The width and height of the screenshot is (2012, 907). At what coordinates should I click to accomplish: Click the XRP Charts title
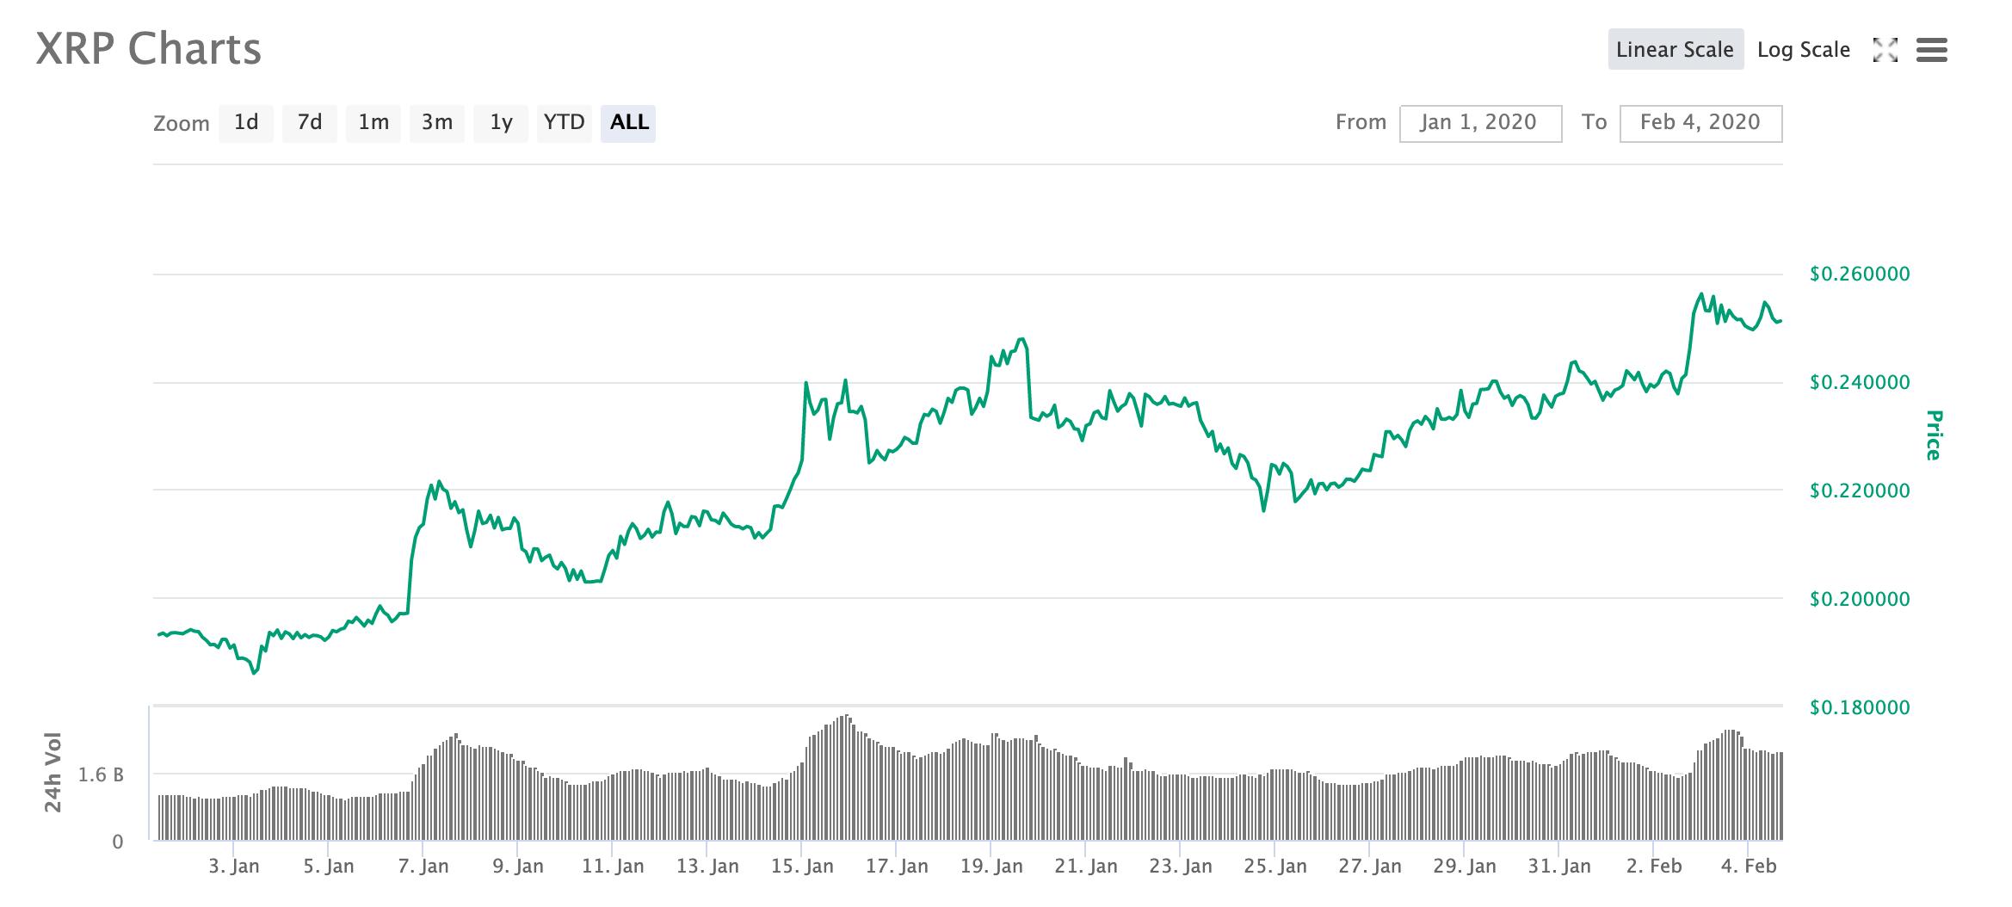tap(148, 49)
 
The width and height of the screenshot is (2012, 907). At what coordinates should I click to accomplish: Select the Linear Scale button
tap(1675, 49)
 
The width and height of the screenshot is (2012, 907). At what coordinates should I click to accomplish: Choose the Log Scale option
tap(1803, 49)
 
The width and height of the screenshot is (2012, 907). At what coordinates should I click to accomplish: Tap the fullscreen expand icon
tap(1885, 50)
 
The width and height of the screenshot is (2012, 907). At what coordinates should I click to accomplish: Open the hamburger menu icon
tap(1931, 50)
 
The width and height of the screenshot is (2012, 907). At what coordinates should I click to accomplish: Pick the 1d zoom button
tap(246, 123)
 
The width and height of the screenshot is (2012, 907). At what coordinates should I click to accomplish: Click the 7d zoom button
tap(310, 123)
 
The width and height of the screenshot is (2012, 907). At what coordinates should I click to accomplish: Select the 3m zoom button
tap(437, 123)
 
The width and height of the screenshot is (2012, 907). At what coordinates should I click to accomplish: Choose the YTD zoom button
tap(565, 123)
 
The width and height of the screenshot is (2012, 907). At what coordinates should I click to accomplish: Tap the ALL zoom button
tap(629, 123)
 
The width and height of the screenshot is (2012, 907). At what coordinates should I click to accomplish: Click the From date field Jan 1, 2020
tap(1479, 123)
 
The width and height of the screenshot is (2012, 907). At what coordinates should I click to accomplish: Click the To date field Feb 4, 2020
tap(1700, 123)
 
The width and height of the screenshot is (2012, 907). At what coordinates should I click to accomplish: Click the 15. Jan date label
tap(802, 866)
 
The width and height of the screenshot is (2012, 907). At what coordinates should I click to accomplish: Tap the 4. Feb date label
tap(1749, 866)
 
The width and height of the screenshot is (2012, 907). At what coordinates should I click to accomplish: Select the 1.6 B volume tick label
tap(101, 775)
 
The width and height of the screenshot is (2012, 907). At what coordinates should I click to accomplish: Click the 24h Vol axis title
tap(53, 772)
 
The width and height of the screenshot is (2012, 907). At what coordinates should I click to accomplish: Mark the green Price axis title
tap(1934, 435)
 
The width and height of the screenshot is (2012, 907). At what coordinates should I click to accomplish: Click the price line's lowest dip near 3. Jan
tap(254, 673)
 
